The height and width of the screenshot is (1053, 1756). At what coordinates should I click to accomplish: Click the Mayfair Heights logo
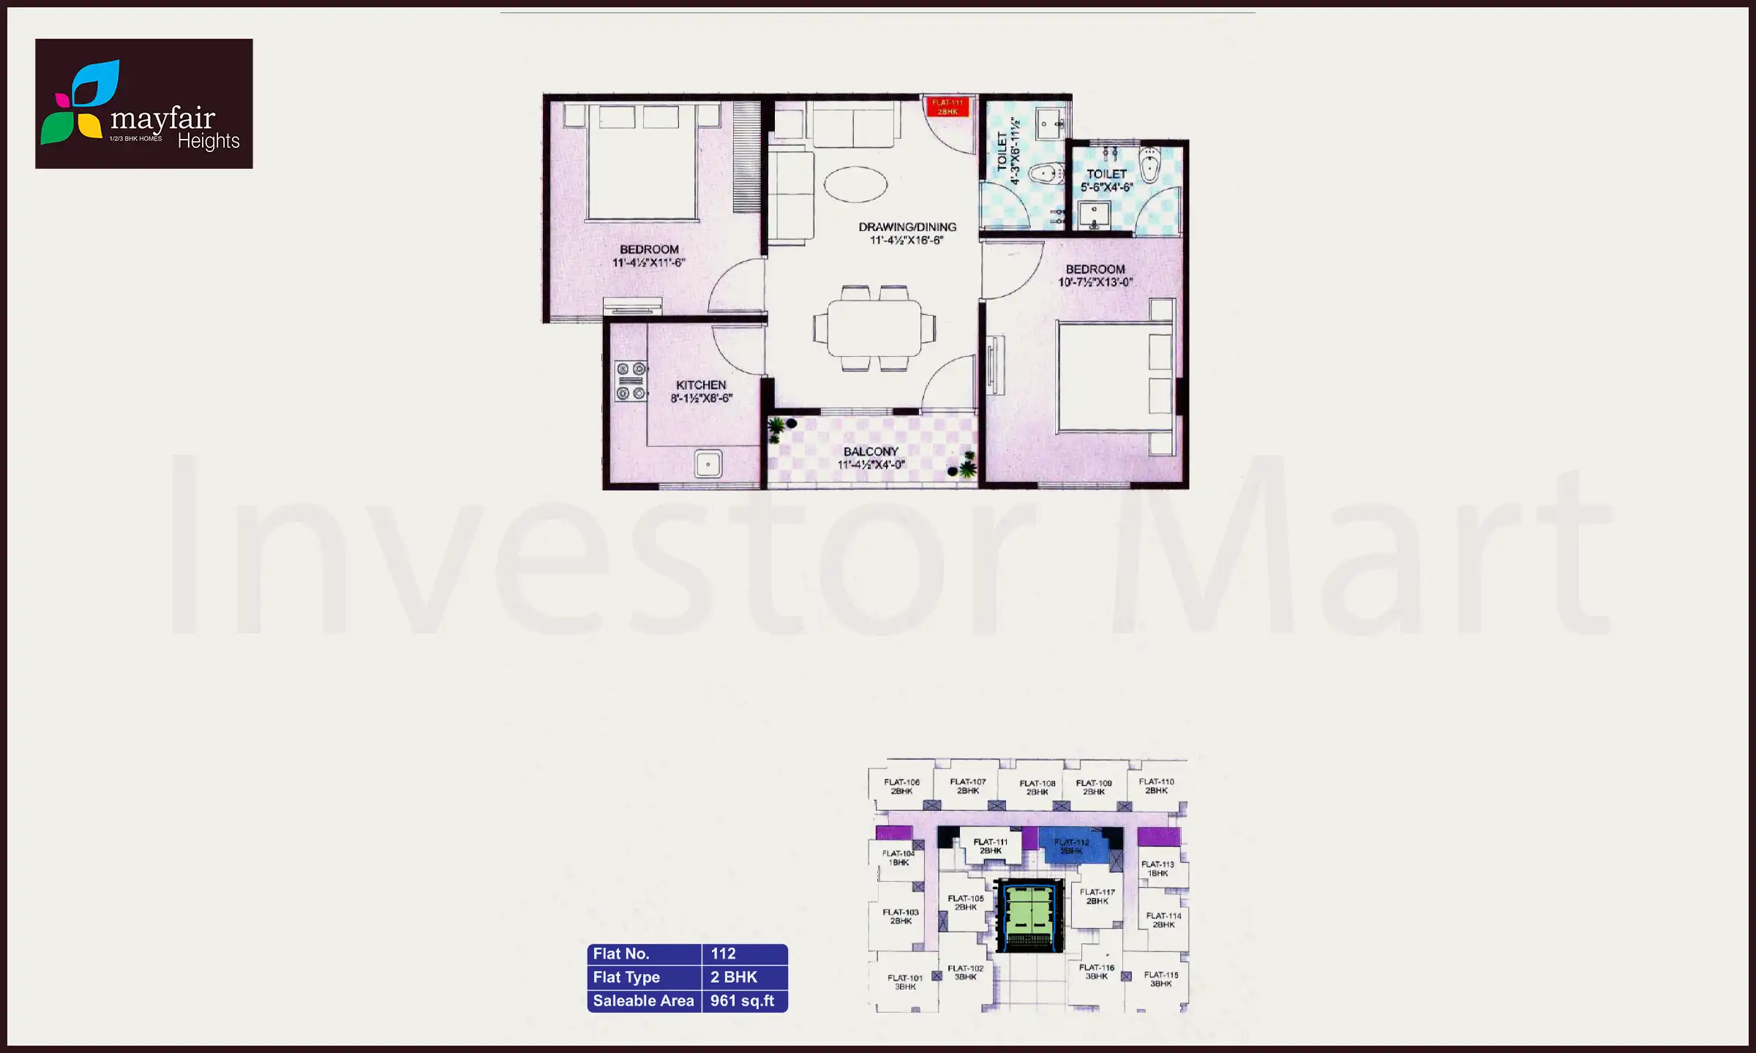[143, 104]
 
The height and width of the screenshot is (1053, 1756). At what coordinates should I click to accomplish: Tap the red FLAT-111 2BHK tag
[948, 107]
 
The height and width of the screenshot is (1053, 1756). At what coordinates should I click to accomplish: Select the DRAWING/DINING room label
[907, 227]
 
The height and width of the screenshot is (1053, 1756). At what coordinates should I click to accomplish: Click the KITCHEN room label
[701, 385]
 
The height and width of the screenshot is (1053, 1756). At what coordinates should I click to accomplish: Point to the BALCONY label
[871, 452]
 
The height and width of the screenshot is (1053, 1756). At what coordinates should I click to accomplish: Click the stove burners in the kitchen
[631, 381]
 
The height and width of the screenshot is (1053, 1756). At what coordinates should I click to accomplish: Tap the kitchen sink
[708, 464]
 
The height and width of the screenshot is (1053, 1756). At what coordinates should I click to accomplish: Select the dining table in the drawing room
[874, 328]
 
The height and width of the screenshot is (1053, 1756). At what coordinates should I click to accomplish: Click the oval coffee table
[855, 184]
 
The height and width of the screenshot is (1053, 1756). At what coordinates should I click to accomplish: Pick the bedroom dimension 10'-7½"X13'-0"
[1095, 282]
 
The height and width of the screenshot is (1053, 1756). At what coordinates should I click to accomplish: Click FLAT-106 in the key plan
[901, 787]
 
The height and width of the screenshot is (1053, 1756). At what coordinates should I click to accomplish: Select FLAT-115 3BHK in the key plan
[1161, 979]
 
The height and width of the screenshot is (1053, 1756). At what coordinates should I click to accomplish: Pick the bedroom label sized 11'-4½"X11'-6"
[649, 256]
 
